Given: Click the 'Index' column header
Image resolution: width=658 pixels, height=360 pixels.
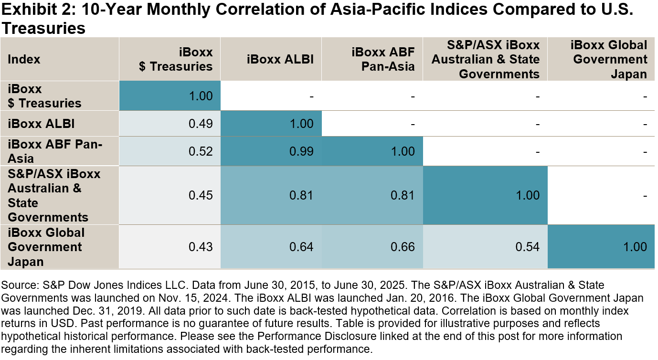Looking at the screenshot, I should coord(24,59).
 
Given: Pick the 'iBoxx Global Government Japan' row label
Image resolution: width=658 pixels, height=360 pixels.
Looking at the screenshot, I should coord(46,247).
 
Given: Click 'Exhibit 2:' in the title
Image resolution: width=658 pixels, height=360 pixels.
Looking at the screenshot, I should coord(33,10).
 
